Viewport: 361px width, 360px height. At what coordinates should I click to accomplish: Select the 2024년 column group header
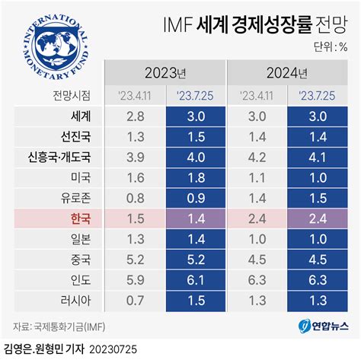coord(287,74)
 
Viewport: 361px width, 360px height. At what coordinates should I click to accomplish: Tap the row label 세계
coord(79,117)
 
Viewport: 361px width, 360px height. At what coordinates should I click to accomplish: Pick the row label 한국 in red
coord(80,218)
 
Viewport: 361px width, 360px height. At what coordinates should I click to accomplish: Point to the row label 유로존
coord(77,198)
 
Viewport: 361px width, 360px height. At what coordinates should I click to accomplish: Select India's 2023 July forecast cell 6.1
coord(195,279)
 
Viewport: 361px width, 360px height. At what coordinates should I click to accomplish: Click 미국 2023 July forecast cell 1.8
coord(195,178)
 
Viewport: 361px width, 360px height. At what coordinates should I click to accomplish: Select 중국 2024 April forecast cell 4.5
coord(257,259)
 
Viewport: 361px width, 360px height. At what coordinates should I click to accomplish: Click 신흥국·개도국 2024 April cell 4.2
coord(257,158)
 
